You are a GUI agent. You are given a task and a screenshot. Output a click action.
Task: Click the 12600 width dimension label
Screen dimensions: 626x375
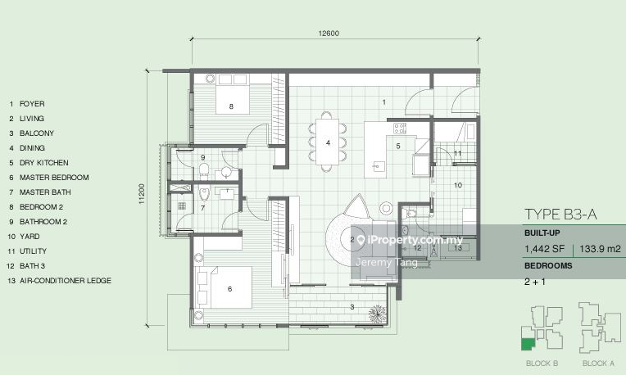[329, 34]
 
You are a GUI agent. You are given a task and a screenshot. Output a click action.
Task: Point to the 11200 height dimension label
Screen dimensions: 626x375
[142, 194]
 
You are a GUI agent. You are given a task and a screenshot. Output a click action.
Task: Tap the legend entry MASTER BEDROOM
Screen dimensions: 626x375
[54, 178]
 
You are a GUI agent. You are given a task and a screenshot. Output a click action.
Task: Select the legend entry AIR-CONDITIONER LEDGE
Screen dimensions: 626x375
[66, 281]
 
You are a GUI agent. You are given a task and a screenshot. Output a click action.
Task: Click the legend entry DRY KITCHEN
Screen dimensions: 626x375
[44, 163]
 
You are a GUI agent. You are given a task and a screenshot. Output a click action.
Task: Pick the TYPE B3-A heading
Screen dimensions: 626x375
[560, 215]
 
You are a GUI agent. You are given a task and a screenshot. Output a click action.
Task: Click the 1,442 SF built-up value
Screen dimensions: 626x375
[545, 249]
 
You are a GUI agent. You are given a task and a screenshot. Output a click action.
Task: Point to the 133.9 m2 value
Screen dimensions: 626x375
[600, 249]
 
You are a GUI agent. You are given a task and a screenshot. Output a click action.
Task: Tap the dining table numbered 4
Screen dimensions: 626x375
[328, 142]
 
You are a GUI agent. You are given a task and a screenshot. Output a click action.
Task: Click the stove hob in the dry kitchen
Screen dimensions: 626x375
[400, 129]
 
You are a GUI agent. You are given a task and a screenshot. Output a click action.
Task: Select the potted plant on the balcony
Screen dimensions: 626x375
[377, 314]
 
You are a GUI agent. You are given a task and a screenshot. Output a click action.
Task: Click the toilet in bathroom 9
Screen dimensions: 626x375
[203, 170]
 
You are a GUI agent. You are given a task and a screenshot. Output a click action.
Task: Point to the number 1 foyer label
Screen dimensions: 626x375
[384, 102]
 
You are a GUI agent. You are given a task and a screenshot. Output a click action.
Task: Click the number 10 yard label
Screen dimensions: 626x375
[458, 185]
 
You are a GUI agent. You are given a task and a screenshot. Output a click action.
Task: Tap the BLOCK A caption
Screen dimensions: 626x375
[598, 363]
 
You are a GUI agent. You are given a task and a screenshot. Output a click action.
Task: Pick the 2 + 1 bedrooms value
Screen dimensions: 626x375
[534, 282]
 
